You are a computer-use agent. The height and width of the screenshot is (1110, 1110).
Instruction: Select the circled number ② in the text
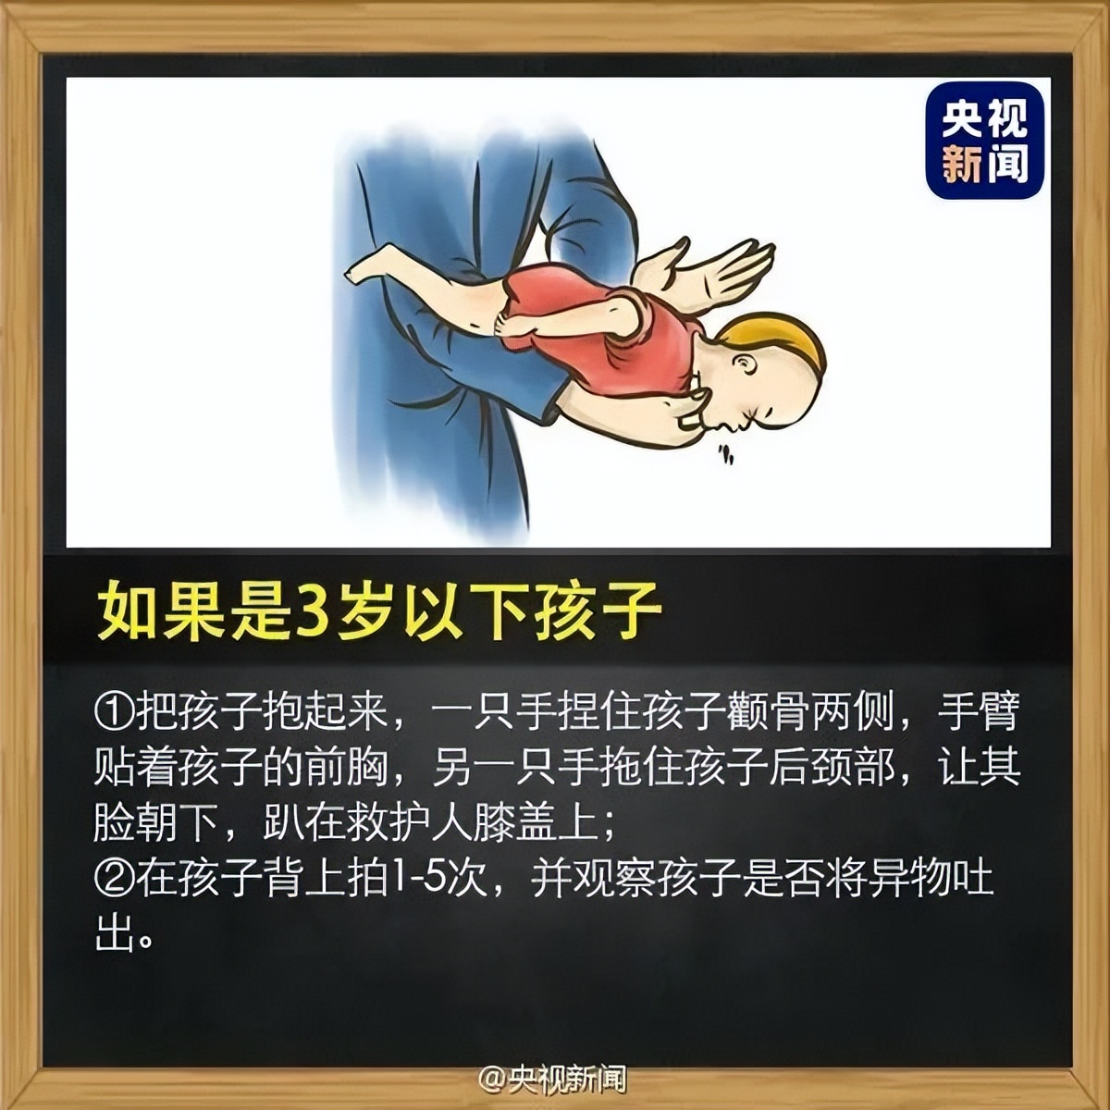tap(115, 878)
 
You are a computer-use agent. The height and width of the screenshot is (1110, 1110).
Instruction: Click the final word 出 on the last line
tap(111, 933)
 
